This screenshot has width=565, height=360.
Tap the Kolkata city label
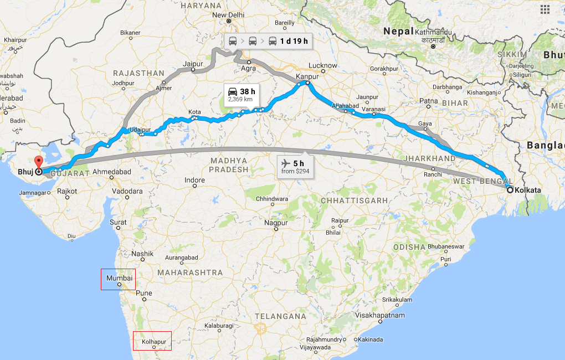tap(527, 190)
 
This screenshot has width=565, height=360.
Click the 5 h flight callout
tap(295, 166)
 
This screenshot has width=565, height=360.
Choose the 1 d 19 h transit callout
tap(268, 41)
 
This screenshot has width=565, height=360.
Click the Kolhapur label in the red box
tap(153, 342)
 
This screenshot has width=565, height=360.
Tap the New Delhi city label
tap(228, 15)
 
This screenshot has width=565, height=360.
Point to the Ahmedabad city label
tap(112, 172)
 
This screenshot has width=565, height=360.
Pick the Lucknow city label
tap(322, 65)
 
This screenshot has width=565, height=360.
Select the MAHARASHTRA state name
tap(190, 272)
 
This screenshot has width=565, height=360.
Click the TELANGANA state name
tap(281, 316)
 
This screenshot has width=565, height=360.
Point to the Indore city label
tap(194, 181)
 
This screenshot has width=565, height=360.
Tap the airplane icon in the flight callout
tap(286, 163)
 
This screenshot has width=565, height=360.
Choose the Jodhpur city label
tap(123, 83)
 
